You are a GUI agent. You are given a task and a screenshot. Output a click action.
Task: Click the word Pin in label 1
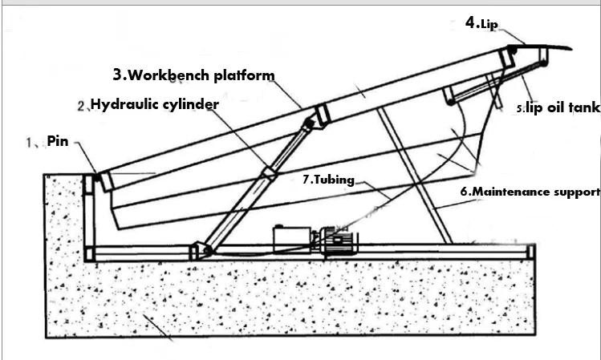(58, 141)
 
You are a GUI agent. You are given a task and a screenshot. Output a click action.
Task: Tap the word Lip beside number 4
(489, 25)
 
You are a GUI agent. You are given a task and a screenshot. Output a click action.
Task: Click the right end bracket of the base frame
(530, 253)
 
